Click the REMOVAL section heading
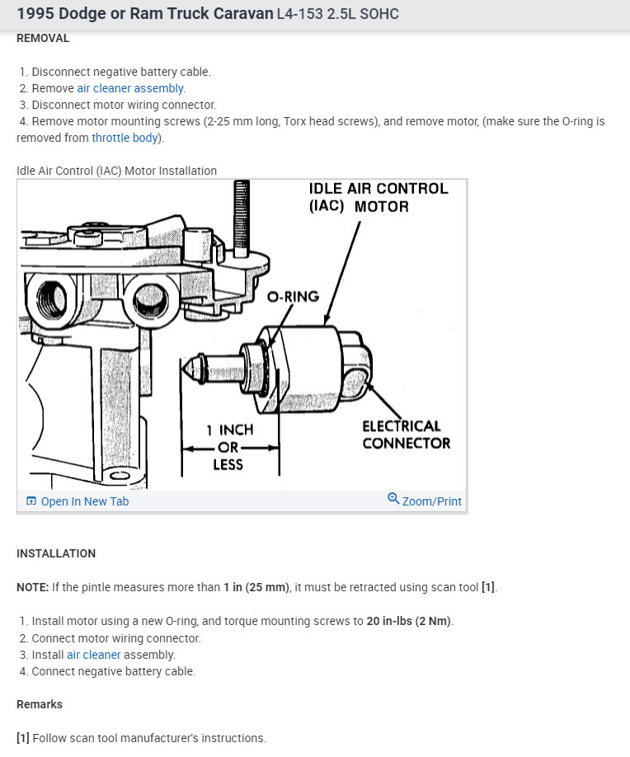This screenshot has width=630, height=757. point(43,38)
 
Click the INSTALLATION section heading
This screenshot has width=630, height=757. point(56,553)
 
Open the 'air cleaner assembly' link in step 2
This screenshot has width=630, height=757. point(131,88)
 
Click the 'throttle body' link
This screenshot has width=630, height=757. point(125,138)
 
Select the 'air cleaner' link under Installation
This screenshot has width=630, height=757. point(94,655)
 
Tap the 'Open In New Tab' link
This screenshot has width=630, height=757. point(84,501)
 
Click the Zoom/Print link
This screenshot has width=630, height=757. point(431,501)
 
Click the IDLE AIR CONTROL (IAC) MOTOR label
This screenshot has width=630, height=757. point(378,197)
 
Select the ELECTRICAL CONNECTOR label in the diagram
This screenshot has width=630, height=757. point(406,435)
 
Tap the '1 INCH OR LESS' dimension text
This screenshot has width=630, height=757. point(229,447)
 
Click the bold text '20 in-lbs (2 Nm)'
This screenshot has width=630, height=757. point(409,621)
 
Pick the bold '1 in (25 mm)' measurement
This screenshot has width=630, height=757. point(256,588)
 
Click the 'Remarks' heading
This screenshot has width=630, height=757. point(40,704)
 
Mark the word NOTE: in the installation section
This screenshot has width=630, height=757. point(33,588)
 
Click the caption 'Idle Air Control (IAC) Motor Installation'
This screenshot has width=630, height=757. point(116,171)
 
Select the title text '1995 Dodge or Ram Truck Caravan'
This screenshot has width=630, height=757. point(143,15)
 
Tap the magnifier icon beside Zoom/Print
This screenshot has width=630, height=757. point(393,499)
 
